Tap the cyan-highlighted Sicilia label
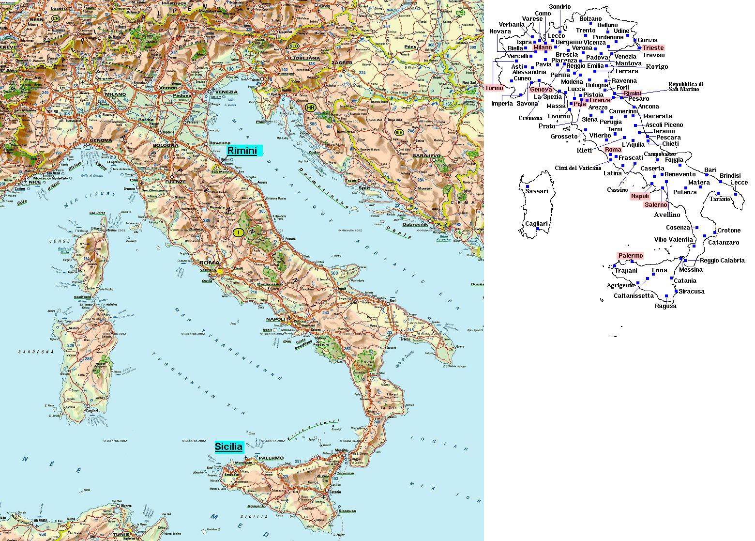228,447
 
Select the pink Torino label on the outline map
494,88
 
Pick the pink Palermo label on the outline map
630,256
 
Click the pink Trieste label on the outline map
653,48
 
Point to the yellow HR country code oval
310,107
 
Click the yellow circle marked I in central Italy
238,232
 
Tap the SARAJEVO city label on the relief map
427,156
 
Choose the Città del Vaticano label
578,168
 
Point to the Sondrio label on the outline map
559,7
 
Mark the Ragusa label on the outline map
665,306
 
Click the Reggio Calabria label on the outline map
722,261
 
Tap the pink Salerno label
656,205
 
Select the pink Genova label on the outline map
541,90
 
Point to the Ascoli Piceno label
664,125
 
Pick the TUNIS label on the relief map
121,535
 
